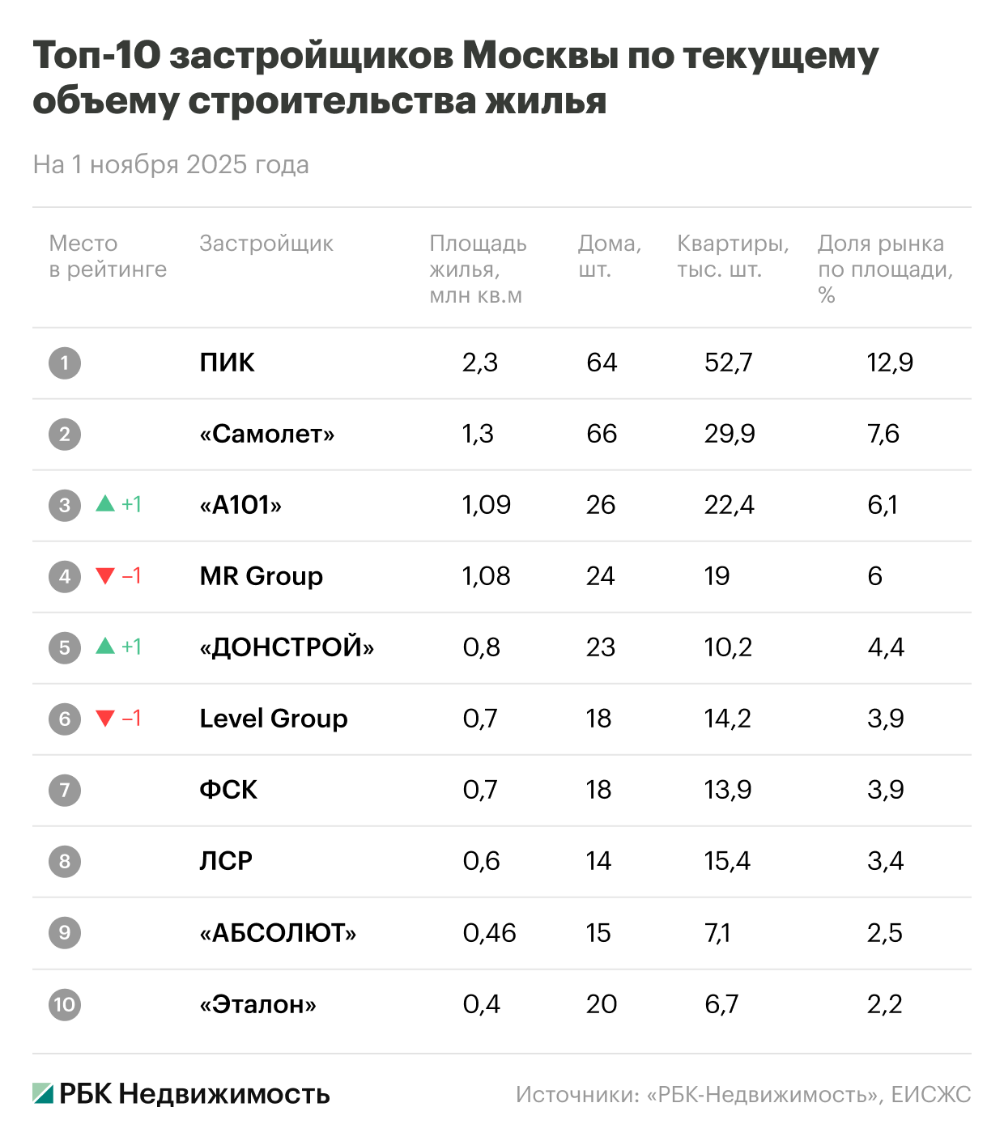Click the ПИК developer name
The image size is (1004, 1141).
[x=227, y=363]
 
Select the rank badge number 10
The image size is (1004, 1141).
[x=65, y=1004]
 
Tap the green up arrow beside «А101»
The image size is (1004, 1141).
[x=105, y=504]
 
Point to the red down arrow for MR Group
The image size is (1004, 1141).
[x=105, y=575]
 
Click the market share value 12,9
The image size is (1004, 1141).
[x=889, y=363]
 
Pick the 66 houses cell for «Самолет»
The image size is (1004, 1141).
[x=602, y=434]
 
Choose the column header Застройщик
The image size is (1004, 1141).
[x=266, y=244]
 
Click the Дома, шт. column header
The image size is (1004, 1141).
[x=609, y=256]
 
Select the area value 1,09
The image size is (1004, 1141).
[x=486, y=505]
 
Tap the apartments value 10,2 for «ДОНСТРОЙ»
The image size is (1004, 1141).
[x=728, y=647]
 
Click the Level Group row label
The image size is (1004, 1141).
[x=274, y=719]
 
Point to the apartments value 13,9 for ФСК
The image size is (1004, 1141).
[x=727, y=790]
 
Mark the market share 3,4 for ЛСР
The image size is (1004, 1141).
[x=885, y=861]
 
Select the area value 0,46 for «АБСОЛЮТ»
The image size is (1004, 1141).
[x=489, y=933]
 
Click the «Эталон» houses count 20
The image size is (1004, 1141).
[x=602, y=1004]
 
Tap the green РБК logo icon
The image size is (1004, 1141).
[x=43, y=1093]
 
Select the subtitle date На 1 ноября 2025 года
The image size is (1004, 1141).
[x=171, y=165]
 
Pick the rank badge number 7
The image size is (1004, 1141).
[x=65, y=790]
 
